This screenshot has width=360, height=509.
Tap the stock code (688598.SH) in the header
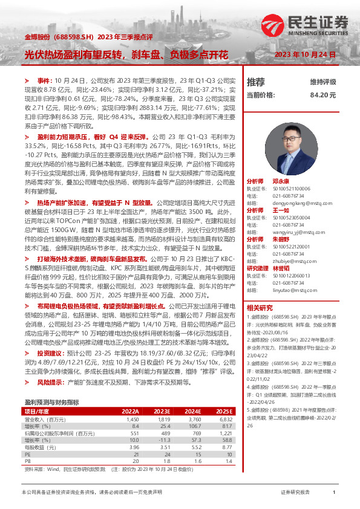point(73,37)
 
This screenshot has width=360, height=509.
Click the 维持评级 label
point(323,82)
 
